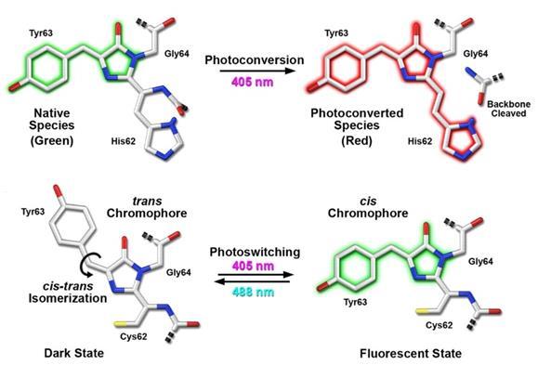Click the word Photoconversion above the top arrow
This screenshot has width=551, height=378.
point(255,60)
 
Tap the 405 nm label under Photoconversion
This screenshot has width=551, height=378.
point(253,83)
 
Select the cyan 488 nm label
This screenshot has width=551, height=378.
point(253,293)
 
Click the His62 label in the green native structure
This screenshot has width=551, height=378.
point(124,141)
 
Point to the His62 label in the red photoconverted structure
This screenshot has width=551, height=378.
point(420,141)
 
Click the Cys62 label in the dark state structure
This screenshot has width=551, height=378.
point(134,336)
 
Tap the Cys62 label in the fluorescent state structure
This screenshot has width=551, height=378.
point(439,325)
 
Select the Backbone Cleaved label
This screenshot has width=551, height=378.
point(509,109)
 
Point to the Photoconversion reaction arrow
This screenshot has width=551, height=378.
point(256,71)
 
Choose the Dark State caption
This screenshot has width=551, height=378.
point(74,353)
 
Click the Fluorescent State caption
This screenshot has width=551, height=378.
point(411,353)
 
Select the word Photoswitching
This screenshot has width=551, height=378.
point(256,253)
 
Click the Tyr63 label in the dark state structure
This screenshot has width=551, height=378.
point(33,212)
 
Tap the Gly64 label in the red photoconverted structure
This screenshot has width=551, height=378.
point(476,54)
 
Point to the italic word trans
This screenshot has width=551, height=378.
point(147,202)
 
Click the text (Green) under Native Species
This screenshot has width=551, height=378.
point(52,140)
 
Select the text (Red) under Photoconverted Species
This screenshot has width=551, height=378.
point(357,140)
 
